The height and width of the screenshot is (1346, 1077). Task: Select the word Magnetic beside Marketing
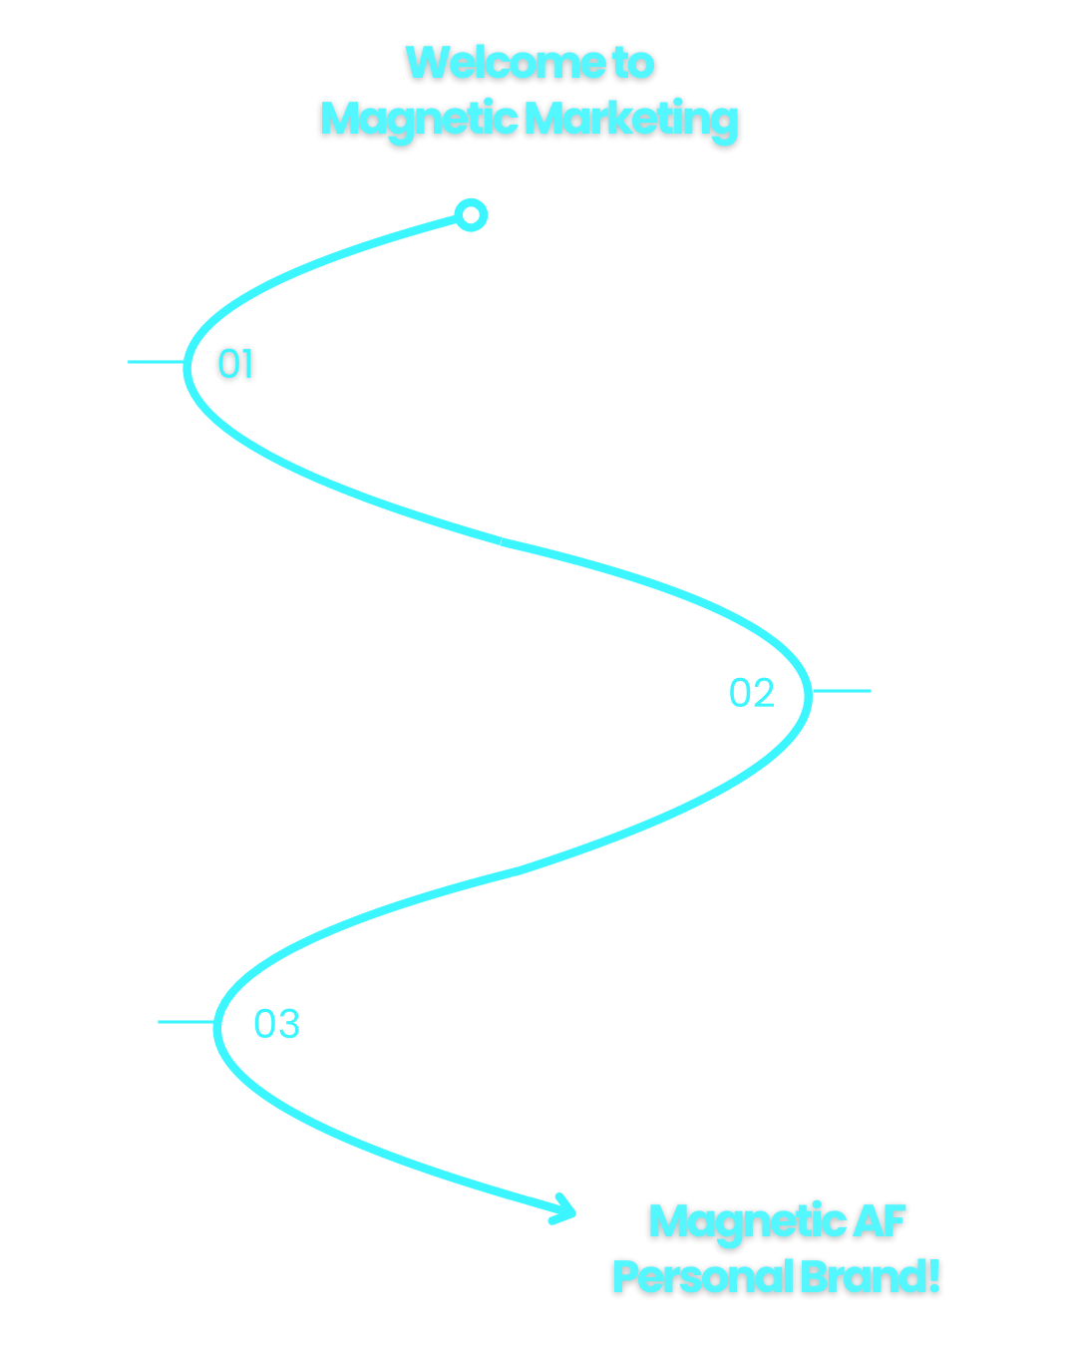(x=419, y=120)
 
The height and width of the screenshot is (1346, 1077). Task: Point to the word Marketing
(x=631, y=120)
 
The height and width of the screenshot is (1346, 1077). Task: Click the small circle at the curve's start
(x=472, y=214)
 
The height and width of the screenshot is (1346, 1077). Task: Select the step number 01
(x=236, y=364)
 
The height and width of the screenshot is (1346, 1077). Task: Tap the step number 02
(x=752, y=693)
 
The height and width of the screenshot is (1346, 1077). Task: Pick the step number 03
(x=276, y=1024)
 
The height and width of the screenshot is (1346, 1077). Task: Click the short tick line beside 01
(x=156, y=362)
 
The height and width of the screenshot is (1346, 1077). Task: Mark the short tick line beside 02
(x=842, y=690)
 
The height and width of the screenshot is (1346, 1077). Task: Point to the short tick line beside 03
(x=185, y=1022)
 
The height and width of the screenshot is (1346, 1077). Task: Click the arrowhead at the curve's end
(x=564, y=1208)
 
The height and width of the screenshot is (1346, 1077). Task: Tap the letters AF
(x=881, y=1221)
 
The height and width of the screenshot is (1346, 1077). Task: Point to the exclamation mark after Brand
(x=934, y=1277)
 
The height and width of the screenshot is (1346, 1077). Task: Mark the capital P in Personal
(x=625, y=1277)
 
